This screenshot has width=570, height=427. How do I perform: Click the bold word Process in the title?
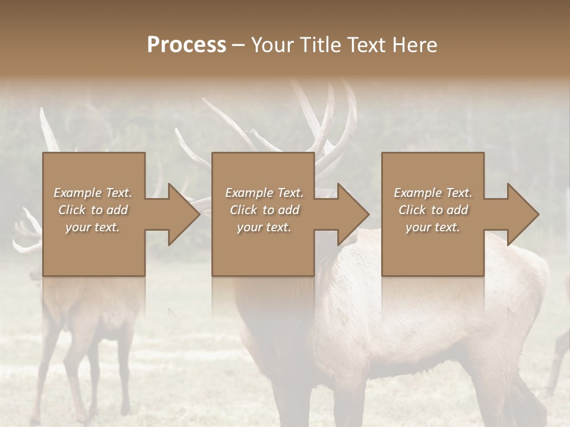[x=186, y=45]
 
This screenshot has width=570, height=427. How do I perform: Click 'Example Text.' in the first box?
[x=93, y=193]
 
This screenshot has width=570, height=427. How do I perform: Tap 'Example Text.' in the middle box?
[x=264, y=193]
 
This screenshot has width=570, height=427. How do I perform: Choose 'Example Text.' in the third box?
[x=433, y=193]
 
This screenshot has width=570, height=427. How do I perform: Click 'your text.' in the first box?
[x=93, y=227]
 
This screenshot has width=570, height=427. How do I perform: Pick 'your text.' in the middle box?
[x=264, y=227]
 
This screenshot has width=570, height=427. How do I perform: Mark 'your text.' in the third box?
[x=433, y=227]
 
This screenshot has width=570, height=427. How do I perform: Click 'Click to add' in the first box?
[x=93, y=210]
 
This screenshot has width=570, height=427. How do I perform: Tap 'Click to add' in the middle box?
[x=264, y=210]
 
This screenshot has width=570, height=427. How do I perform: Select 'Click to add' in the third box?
[x=433, y=210]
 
